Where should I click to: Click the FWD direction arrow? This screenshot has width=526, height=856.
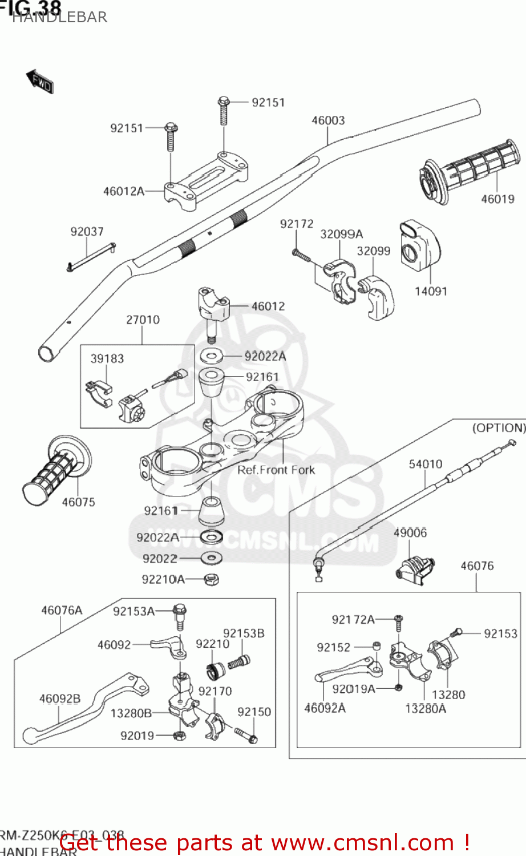pos(40,82)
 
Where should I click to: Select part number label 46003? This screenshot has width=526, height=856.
pos(328,120)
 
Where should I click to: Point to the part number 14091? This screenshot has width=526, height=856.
pos(431,291)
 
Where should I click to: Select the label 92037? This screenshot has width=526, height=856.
pos(87,232)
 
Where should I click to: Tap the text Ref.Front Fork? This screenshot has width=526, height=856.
pos(276,470)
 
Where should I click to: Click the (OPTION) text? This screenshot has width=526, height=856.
pos(498,427)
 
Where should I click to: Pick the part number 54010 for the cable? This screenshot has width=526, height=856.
pos(426,464)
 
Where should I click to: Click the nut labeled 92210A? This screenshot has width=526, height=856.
pos(212,580)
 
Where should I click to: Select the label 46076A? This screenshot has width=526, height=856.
pos(62,611)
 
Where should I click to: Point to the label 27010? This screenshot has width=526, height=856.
pos(143,320)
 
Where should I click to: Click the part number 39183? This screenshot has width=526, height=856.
pos(107,358)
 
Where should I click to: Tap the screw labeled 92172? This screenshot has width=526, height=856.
pos(301,256)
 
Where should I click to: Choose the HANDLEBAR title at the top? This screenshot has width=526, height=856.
pos(59,17)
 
